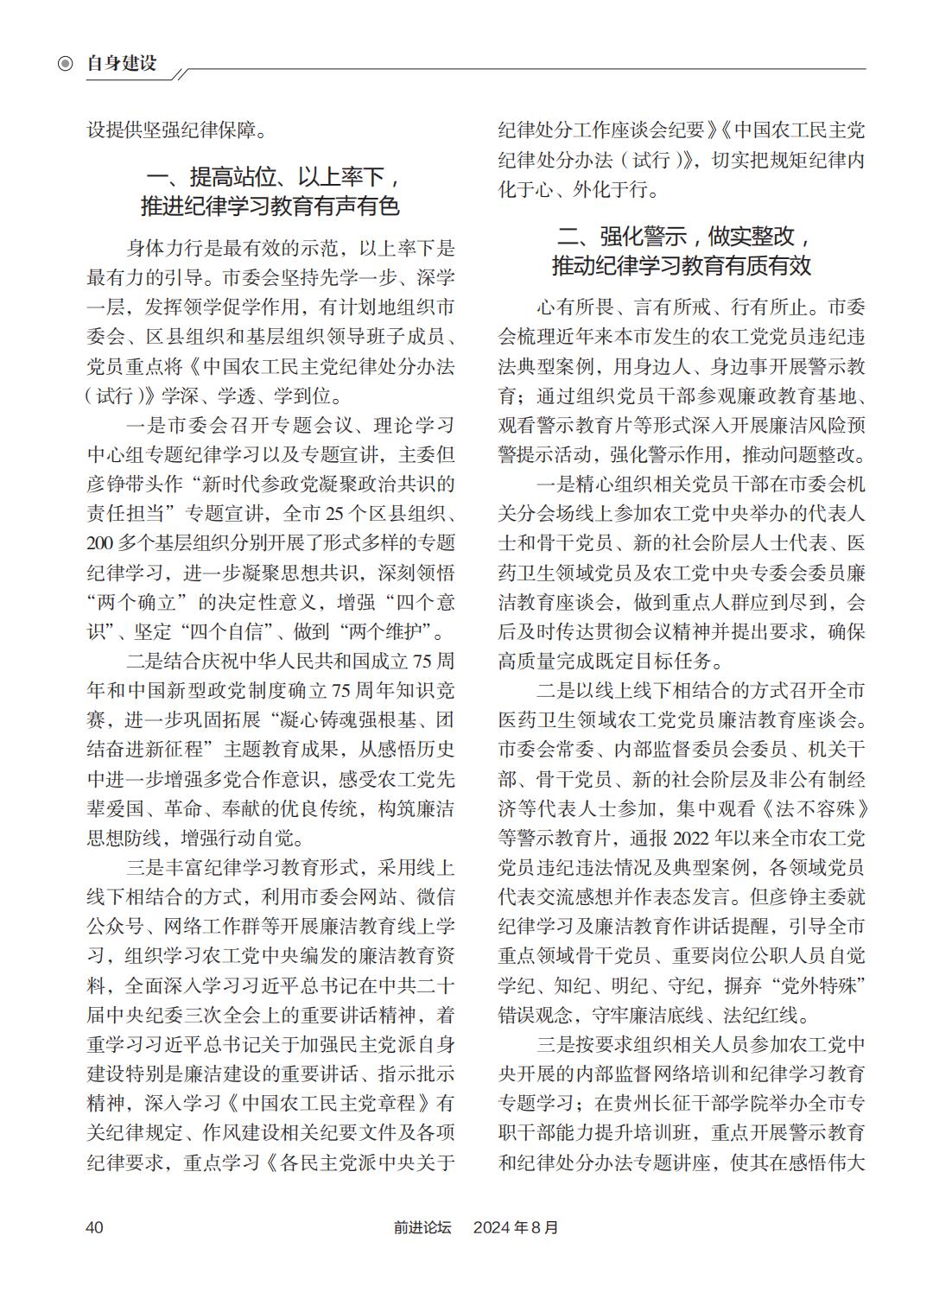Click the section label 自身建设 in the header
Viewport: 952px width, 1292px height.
point(122,63)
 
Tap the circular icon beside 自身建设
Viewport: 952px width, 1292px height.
point(66,64)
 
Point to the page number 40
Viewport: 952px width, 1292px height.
point(94,1227)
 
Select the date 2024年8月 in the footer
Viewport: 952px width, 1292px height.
point(516,1227)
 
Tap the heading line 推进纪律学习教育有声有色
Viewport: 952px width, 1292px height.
point(270,207)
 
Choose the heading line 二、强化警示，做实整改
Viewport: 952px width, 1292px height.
point(682,236)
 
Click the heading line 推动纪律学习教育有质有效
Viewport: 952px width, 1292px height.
point(682,265)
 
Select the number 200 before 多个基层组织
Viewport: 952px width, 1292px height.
point(103,543)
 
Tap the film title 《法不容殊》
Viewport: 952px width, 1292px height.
point(814,809)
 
